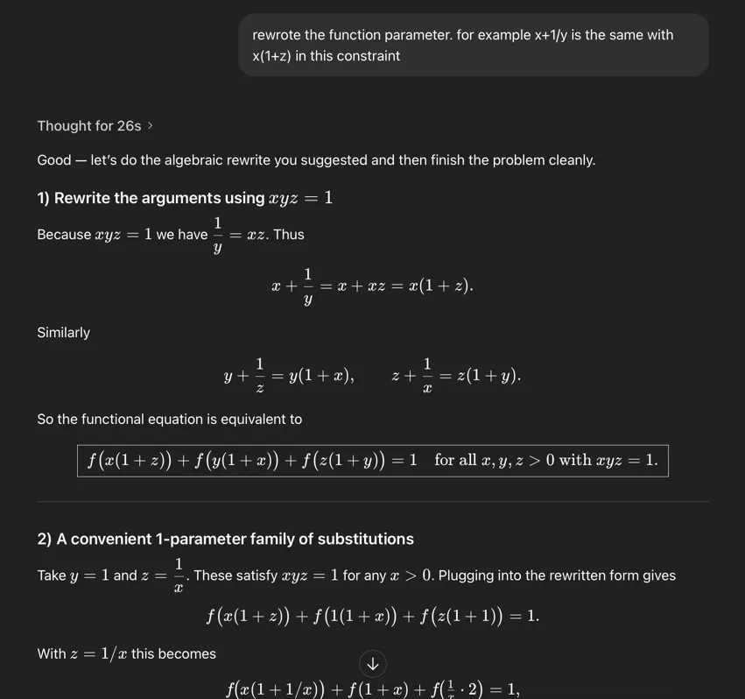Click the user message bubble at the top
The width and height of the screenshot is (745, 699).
click(473, 45)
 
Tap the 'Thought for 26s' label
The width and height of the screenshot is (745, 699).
click(88, 126)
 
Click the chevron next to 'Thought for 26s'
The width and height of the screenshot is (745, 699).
click(151, 126)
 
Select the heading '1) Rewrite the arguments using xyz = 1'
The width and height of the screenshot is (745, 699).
click(184, 198)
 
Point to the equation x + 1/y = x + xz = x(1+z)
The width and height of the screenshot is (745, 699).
click(372, 286)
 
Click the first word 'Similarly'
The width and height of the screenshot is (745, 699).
click(63, 333)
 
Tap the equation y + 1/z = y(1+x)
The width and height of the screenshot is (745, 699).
click(289, 376)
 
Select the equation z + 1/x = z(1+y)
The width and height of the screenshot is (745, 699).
click(456, 376)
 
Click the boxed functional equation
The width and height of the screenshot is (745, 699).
click(372, 460)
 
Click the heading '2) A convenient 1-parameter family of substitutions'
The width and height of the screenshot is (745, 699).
click(225, 539)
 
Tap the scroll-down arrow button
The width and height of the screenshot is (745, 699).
click(373, 663)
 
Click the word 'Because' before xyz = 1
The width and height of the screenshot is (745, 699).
click(64, 235)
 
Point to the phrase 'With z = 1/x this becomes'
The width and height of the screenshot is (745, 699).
click(126, 654)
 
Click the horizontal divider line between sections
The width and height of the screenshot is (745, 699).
click(372, 502)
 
